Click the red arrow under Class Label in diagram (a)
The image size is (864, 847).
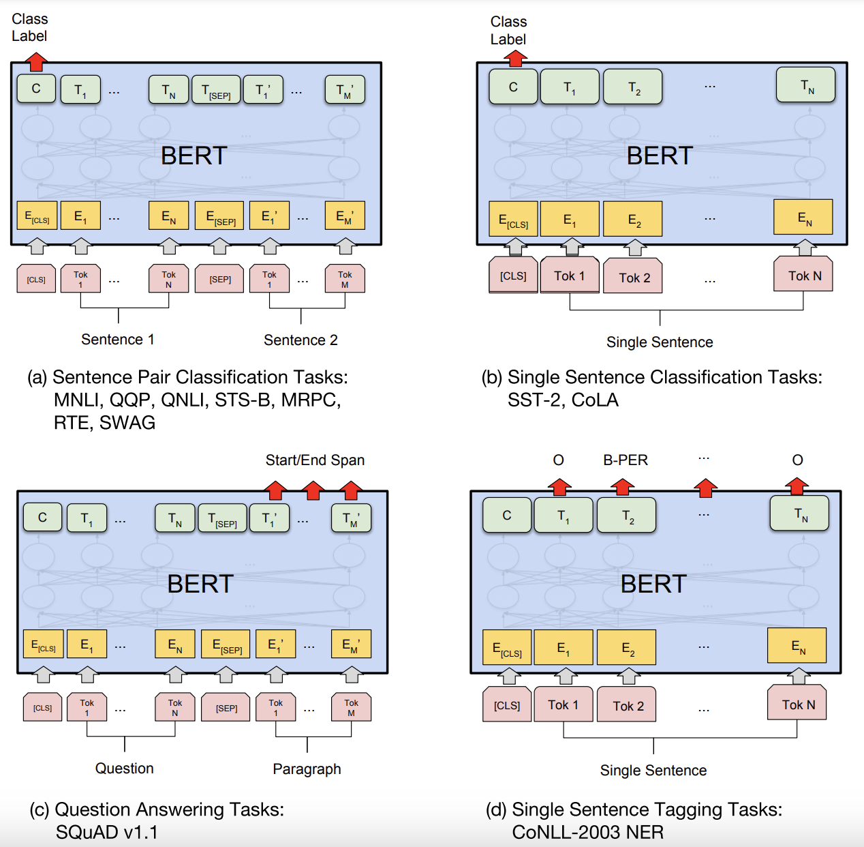(36, 61)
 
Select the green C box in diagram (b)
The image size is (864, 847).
(513, 87)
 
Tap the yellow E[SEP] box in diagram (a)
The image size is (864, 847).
(219, 216)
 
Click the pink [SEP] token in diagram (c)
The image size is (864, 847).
(226, 708)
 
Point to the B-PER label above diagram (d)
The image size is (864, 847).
(625, 460)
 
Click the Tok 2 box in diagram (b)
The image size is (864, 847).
(634, 277)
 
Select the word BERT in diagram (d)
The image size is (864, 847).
(653, 584)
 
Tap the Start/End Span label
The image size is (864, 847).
(315, 460)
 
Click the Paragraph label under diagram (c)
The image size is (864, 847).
(307, 769)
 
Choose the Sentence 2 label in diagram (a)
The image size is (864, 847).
(300, 340)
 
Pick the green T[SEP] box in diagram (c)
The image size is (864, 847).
(221, 518)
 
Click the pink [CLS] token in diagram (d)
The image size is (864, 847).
(507, 705)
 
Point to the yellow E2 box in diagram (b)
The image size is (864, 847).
(633, 219)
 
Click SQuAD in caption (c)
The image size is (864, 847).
(87, 832)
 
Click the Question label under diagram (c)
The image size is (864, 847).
(124, 769)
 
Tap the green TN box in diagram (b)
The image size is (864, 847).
(806, 85)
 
